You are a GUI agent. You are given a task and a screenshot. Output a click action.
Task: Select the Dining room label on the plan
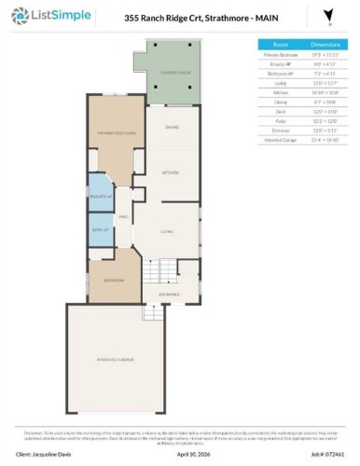click(x=172, y=127)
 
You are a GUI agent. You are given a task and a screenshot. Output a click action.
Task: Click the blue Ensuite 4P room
click(x=101, y=198)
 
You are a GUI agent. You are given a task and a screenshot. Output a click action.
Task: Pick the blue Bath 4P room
click(x=101, y=230)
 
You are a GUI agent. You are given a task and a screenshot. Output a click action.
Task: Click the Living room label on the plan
click(x=168, y=230)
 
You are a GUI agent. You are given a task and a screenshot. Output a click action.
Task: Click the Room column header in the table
click(x=280, y=44)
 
